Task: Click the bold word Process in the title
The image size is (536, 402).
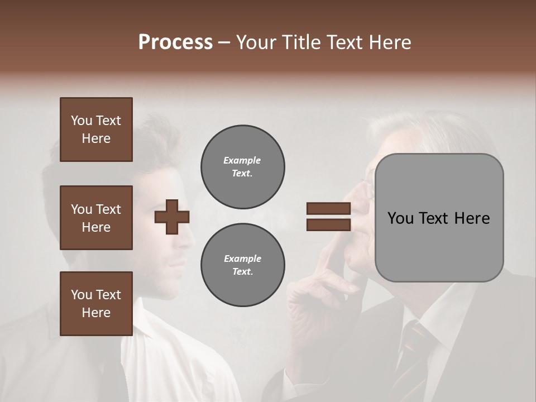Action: point(175,42)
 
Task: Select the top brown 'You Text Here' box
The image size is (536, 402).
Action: point(96,130)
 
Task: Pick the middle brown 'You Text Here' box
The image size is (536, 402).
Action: point(96,218)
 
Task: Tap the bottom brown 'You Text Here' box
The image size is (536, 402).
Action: point(96,304)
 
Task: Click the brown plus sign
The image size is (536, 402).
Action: point(172,217)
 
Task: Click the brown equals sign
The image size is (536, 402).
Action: point(328,217)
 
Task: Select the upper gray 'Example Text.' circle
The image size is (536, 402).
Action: point(242,166)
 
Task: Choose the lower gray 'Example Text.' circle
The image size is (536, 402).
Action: point(242,265)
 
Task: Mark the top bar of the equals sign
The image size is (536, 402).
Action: point(328,209)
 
